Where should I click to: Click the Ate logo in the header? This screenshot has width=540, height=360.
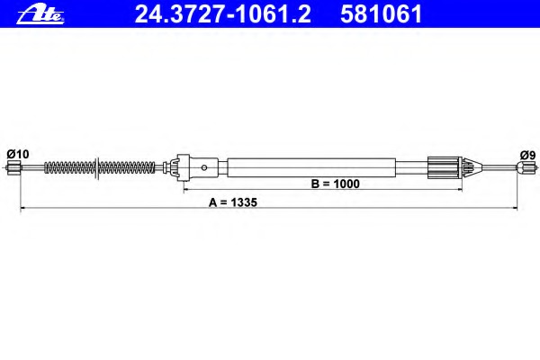tap(40, 15)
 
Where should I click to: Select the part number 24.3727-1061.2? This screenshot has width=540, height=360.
tap(223, 14)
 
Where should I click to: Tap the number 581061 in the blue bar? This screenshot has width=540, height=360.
tap(382, 14)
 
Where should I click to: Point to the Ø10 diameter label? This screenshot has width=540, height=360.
tap(18, 154)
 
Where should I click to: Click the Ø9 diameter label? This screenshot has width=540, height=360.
tap(528, 156)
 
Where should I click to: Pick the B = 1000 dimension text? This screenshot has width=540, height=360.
tap(335, 184)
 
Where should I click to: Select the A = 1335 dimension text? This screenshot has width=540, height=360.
tap(233, 202)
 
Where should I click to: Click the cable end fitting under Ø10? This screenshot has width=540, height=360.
tap(13, 167)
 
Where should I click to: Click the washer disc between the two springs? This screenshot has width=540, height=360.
tap(97, 167)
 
